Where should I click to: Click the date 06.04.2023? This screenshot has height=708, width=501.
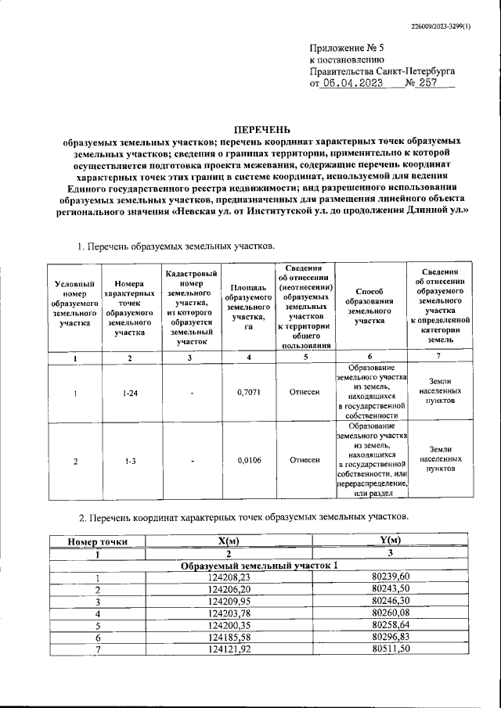pos(352,83)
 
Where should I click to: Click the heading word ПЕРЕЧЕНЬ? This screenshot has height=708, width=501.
pos(263,128)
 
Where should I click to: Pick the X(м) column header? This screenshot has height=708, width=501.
pos(229,541)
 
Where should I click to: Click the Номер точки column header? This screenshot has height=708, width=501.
pos(97,541)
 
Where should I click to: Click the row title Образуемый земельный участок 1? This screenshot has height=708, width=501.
pos(260,565)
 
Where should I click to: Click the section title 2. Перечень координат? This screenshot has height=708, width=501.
pos(243,517)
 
